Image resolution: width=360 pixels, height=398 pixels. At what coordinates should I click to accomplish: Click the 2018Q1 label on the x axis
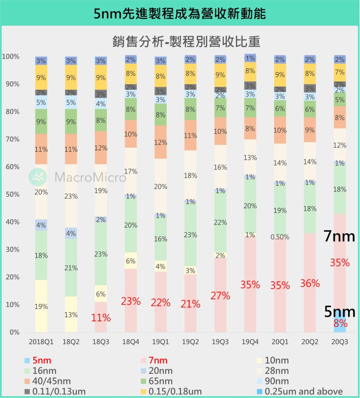[41, 341]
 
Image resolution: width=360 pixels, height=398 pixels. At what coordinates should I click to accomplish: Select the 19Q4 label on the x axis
[250, 341]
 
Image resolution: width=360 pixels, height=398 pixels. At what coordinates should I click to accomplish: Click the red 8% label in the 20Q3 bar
[340, 323]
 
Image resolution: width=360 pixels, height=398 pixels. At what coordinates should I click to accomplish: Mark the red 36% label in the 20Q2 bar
[310, 283]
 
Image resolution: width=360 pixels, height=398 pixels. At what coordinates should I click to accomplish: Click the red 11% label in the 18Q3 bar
[100, 317]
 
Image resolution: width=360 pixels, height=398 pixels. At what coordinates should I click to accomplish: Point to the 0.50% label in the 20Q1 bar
[280, 237]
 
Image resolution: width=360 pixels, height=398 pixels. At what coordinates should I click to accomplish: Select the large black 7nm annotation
[339, 236]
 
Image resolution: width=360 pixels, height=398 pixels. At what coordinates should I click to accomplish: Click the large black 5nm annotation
[339, 312]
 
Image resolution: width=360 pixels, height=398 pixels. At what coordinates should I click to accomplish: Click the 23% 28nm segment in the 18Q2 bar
[70, 196]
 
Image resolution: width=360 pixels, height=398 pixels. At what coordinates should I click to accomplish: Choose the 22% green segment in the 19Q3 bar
[220, 222]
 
